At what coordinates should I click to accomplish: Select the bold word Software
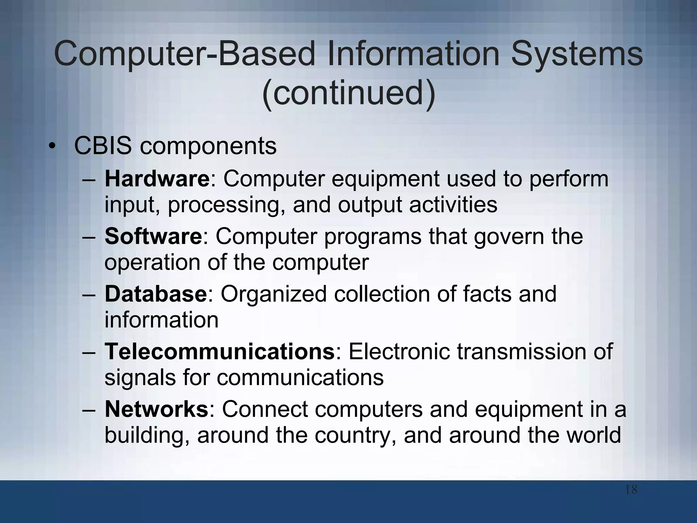tap(153, 236)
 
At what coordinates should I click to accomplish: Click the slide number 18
tap(631, 490)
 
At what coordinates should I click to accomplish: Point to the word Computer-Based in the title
tap(185, 54)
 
